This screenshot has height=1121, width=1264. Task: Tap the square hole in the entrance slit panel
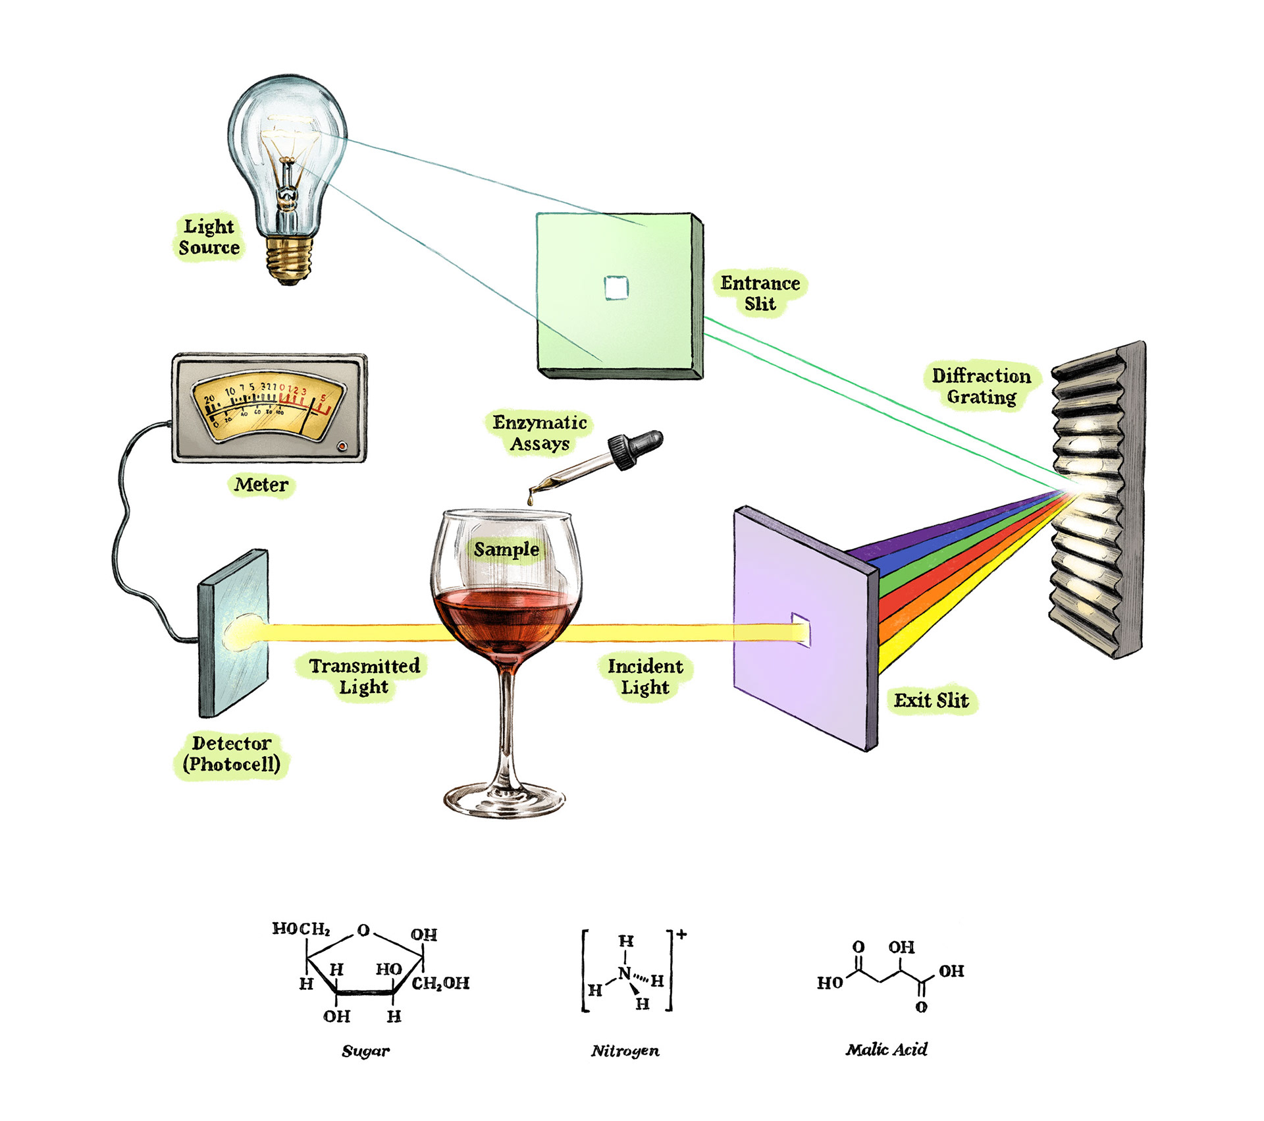(616, 288)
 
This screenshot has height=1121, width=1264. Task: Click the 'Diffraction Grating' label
(981, 386)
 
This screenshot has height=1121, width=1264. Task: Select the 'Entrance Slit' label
(760, 293)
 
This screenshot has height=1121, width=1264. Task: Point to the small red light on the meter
(342, 446)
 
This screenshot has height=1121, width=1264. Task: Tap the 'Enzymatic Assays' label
(539, 433)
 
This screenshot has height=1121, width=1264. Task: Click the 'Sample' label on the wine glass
(506, 549)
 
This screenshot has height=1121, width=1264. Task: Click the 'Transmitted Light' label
(365, 676)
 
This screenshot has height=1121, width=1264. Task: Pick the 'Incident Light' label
(645, 676)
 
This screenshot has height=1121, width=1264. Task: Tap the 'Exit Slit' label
(931, 700)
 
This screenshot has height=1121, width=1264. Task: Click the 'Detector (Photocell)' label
(232, 754)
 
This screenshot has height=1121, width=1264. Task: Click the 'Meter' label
(261, 485)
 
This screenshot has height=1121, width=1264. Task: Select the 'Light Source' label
(209, 237)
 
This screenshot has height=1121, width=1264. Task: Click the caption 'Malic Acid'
(886, 1049)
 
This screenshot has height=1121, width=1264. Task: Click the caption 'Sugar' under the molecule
(365, 1051)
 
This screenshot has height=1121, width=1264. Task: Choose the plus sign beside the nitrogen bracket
(681, 934)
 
